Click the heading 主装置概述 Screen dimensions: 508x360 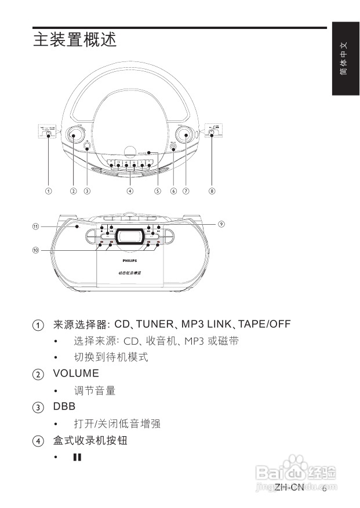(x=75, y=40)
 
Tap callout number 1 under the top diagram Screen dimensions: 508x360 (x=49, y=191)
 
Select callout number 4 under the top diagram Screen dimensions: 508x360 (x=130, y=191)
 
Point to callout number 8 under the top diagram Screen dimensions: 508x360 (x=212, y=191)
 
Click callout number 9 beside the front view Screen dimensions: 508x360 (x=221, y=224)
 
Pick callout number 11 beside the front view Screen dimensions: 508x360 (x=35, y=226)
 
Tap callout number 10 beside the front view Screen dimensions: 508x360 (x=35, y=250)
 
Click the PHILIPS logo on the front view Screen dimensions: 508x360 (x=129, y=262)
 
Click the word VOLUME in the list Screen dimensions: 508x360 (x=76, y=374)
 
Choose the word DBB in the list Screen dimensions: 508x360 (x=64, y=407)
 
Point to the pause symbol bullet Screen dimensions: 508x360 (x=77, y=458)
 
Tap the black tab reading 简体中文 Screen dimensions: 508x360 (x=343, y=59)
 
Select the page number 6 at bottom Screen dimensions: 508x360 (x=324, y=488)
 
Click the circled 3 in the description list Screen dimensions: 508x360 (x=38, y=408)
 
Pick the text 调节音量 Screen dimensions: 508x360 (x=94, y=391)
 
